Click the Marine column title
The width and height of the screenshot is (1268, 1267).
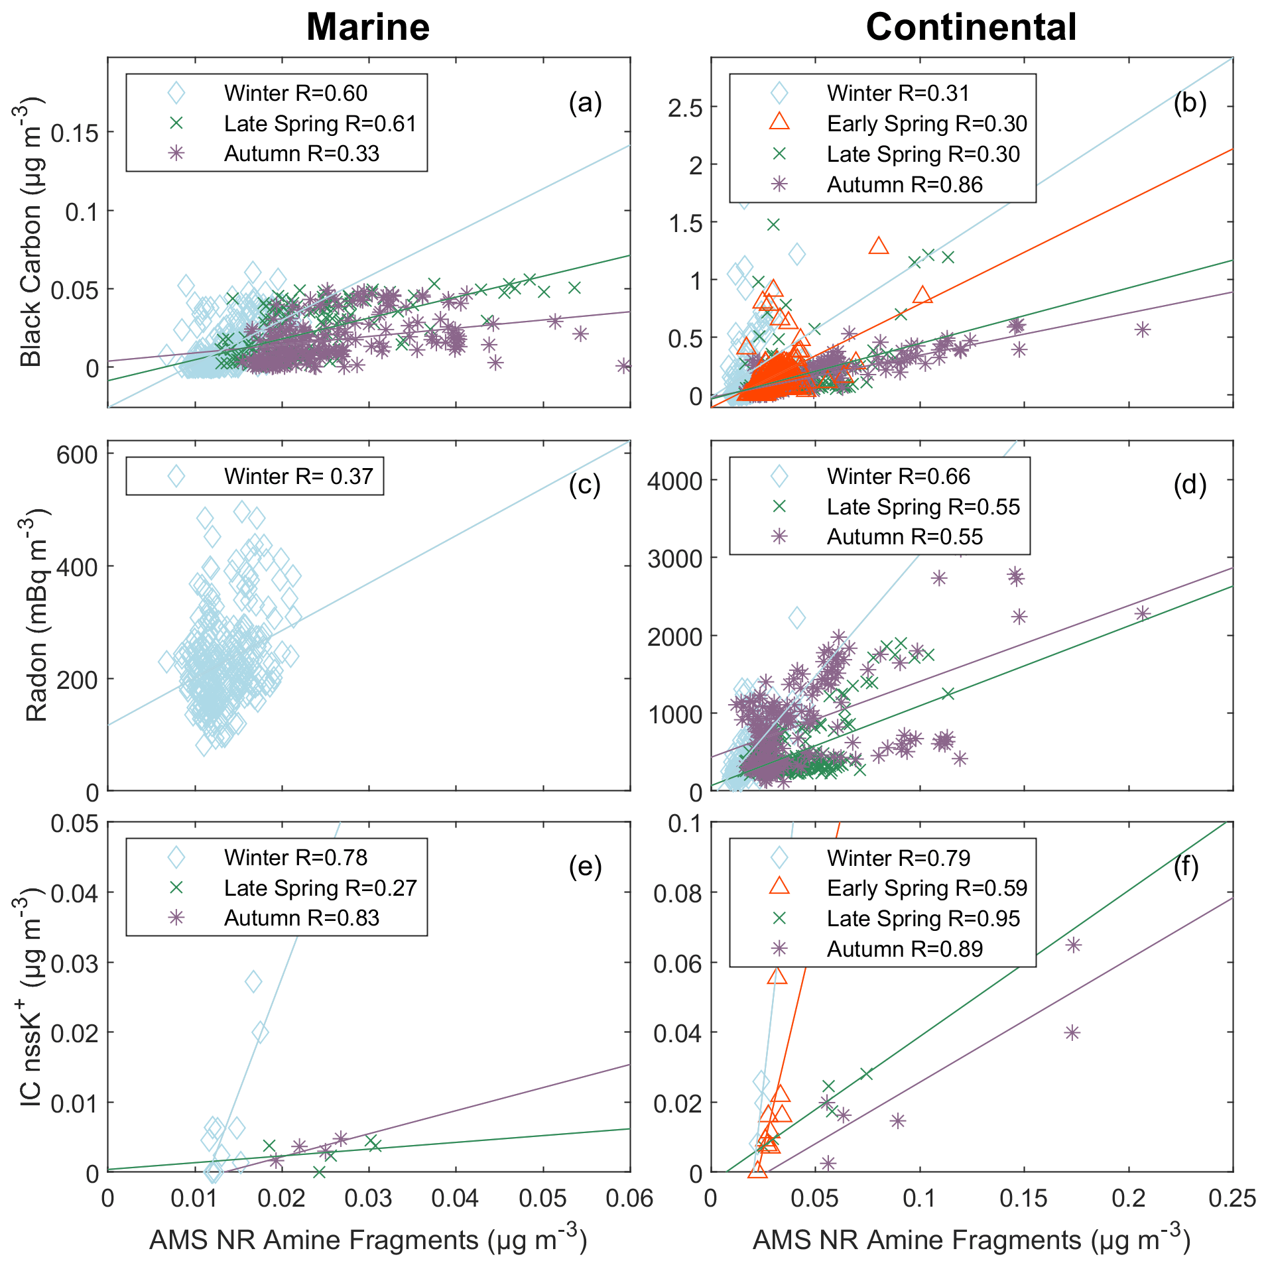point(368,28)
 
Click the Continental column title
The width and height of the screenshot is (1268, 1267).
point(971,28)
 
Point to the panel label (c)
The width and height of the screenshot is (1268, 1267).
point(584,485)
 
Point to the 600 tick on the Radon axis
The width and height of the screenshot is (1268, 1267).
point(77,455)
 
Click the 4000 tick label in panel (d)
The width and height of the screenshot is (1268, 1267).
point(674,481)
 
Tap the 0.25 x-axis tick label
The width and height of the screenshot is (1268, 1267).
point(1232,1198)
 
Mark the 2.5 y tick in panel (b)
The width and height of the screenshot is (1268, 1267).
point(685,107)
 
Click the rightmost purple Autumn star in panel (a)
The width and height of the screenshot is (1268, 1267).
point(623,366)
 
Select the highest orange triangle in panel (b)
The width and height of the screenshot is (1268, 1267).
point(878,246)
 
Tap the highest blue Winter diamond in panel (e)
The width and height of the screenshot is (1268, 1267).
point(253,981)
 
